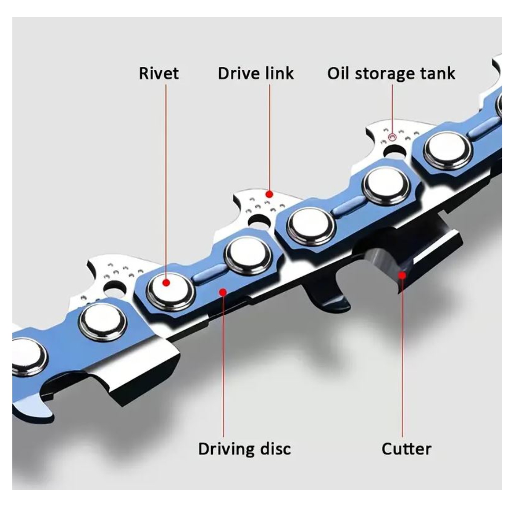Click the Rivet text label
click(x=158, y=73)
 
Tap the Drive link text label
click(x=255, y=73)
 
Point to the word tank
click(x=437, y=73)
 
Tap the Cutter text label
click(x=406, y=448)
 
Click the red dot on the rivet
click(x=166, y=282)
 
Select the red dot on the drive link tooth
click(x=269, y=194)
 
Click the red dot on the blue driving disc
click(x=222, y=291)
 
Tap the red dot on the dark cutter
click(x=402, y=275)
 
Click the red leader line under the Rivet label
click(x=166, y=179)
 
